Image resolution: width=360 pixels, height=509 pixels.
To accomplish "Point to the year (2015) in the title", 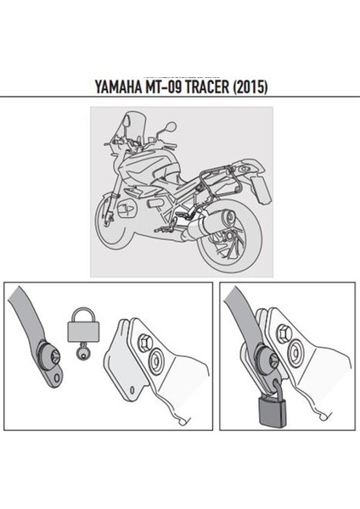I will [258, 87].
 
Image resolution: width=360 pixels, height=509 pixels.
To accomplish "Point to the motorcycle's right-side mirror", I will [171, 127].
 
